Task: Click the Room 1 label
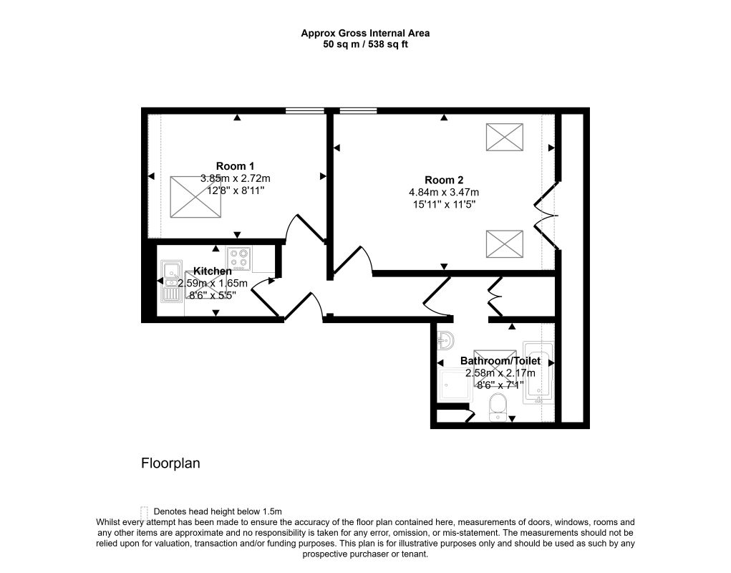click(x=235, y=166)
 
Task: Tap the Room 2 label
click(x=444, y=180)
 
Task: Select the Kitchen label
click(x=213, y=271)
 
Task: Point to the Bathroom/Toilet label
click(x=500, y=360)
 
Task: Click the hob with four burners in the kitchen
click(x=239, y=259)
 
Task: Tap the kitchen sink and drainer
click(x=171, y=281)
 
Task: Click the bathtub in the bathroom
click(x=539, y=372)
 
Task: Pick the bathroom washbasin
click(x=445, y=341)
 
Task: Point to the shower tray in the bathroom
click(x=455, y=385)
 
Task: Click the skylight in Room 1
click(x=195, y=197)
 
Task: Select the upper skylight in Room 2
click(x=505, y=137)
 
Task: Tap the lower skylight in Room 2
click(x=505, y=244)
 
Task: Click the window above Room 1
click(x=304, y=111)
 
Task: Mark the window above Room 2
click(x=358, y=111)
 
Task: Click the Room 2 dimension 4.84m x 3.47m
click(x=444, y=192)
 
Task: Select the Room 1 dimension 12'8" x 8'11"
click(x=236, y=191)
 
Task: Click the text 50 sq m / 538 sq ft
click(x=365, y=44)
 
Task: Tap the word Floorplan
click(x=170, y=463)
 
